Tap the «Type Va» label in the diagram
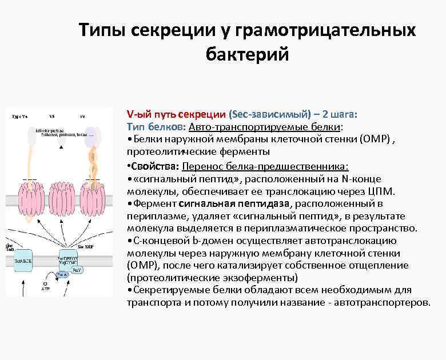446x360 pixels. point(19,116)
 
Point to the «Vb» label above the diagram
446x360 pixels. point(52,116)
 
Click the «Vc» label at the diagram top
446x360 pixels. point(83,116)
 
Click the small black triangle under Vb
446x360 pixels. point(61,148)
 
